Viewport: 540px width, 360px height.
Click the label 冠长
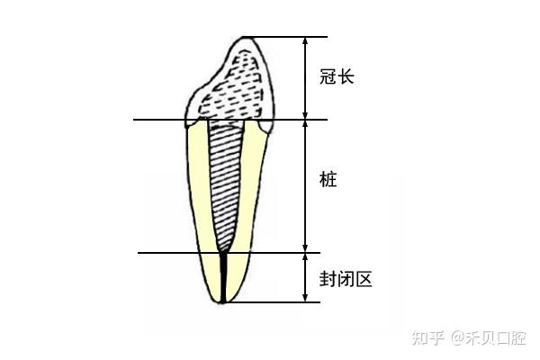tap(337, 77)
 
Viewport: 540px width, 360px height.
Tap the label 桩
tap(328, 180)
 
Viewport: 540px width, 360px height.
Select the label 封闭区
tap(346, 278)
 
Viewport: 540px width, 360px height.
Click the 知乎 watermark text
tap(427, 337)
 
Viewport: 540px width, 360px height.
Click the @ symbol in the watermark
tap(458, 338)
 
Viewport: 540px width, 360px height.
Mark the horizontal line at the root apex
tap(270, 302)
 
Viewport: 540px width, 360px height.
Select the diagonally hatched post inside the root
tap(227, 180)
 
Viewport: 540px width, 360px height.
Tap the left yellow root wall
tap(200, 198)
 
